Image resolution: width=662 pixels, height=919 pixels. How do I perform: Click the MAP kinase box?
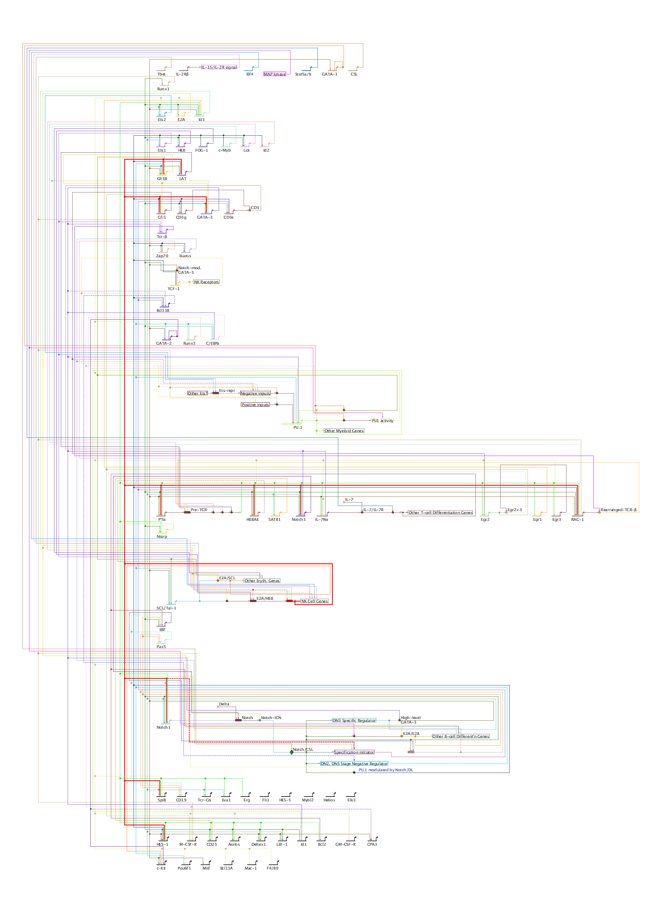click(x=275, y=74)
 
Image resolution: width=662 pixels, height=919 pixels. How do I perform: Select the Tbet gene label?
click(x=161, y=74)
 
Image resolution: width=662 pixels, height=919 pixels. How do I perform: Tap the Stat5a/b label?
click(x=303, y=74)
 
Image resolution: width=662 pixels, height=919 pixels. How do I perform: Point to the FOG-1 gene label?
click(x=202, y=151)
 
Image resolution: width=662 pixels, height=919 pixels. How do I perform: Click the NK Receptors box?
click(x=206, y=282)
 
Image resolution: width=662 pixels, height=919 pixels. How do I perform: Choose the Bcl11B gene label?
click(x=163, y=311)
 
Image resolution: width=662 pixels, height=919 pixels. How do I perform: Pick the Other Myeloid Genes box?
click(x=343, y=431)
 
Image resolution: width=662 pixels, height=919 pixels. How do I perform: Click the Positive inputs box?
click(x=255, y=405)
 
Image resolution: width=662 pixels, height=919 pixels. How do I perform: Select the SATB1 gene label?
click(x=274, y=520)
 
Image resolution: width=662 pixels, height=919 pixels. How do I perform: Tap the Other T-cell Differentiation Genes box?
click(x=441, y=513)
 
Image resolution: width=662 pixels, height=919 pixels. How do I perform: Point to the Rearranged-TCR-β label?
click(x=619, y=510)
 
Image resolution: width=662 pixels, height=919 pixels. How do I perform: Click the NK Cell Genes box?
click(x=315, y=601)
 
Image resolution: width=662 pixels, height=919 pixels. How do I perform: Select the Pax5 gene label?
click(x=161, y=647)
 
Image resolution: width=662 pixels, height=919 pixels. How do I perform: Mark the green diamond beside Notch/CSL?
click(x=292, y=752)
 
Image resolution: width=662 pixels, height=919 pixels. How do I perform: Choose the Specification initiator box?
click(x=354, y=753)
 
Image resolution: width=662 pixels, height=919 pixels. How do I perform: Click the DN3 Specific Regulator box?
click(x=354, y=721)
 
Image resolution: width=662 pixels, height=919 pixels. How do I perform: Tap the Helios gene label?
click(x=329, y=800)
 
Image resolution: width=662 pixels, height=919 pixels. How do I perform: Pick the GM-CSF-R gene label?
click(x=345, y=845)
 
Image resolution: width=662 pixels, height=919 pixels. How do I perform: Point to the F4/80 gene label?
click(x=273, y=868)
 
